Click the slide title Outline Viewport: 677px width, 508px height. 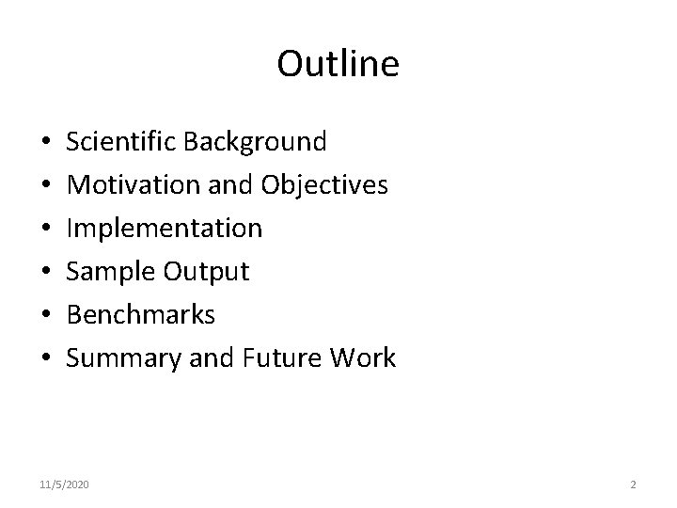click(x=338, y=65)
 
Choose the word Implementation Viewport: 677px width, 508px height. click(x=165, y=229)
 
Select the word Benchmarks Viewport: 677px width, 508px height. click(x=141, y=315)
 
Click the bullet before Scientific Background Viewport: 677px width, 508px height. click(x=46, y=143)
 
